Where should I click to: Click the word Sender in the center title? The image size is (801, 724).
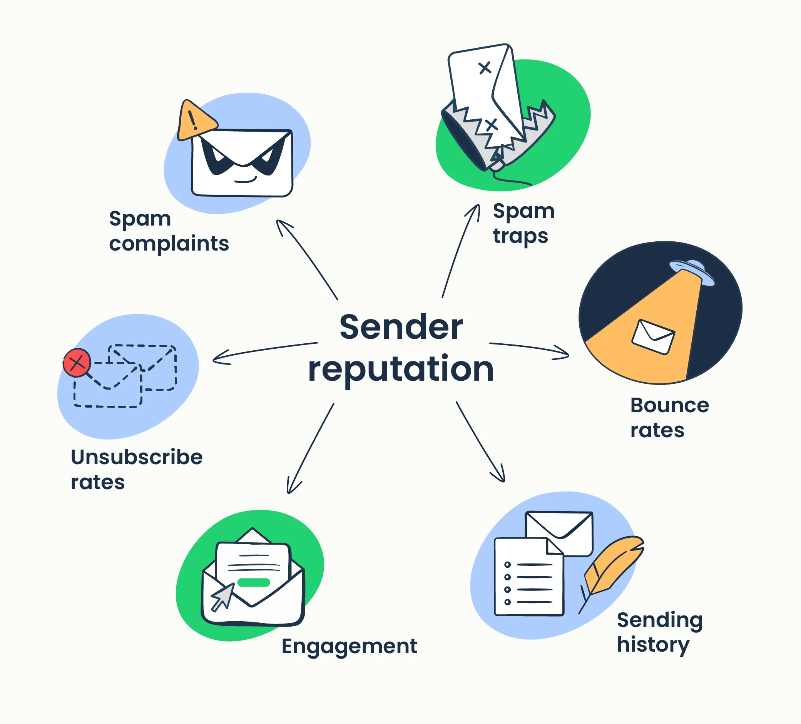[401, 327]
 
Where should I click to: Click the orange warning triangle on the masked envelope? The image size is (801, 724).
[195, 121]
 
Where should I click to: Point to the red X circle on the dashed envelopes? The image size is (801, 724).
[77, 363]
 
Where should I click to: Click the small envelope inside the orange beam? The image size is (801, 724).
[653, 337]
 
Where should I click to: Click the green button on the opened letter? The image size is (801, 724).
[254, 582]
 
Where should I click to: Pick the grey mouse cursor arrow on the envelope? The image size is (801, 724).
[222, 596]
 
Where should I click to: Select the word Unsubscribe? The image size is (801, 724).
[137, 457]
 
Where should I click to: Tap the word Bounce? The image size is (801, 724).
[669, 405]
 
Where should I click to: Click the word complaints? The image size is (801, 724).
[169, 243]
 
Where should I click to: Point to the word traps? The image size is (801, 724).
[520, 236]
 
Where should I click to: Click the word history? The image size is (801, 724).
[653, 645]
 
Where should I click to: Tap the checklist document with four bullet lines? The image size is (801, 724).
[528, 578]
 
